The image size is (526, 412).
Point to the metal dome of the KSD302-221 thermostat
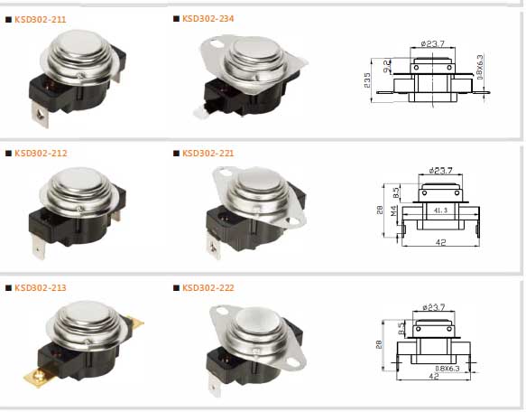point(254,191)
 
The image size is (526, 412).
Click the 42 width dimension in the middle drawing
point(439,242)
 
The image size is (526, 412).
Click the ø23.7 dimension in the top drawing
point(437,42)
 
